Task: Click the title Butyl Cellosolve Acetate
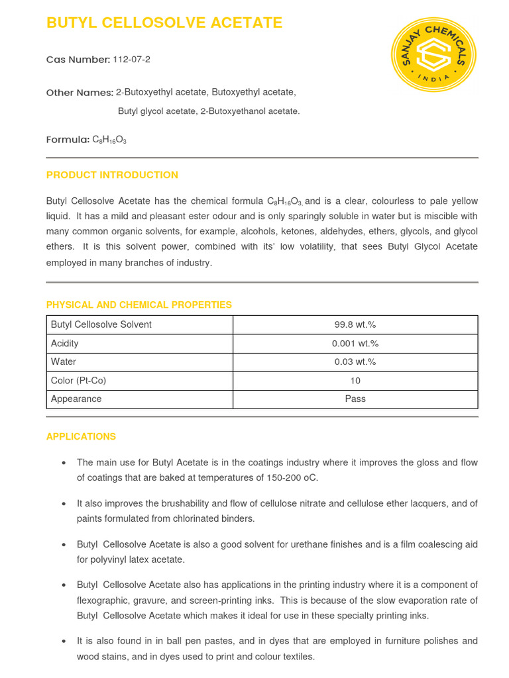[164, 23]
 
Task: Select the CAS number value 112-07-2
[131, 60]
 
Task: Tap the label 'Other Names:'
[80, 93]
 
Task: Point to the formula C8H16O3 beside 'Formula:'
[109, 140]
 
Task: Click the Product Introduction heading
[112, 175]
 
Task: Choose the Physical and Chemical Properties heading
[139, 305]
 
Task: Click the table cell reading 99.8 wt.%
[355, 324]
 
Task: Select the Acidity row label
[65, 343]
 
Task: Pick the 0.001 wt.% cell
[355, 343]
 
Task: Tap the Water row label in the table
[64, 362]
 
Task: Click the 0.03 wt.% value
[355, 362]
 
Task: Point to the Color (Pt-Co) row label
[78, 381]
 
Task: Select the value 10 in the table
[355, 381]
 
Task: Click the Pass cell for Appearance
[355, 399]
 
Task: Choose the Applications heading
[81, 436]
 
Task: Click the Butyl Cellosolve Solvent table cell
[101, 324]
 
